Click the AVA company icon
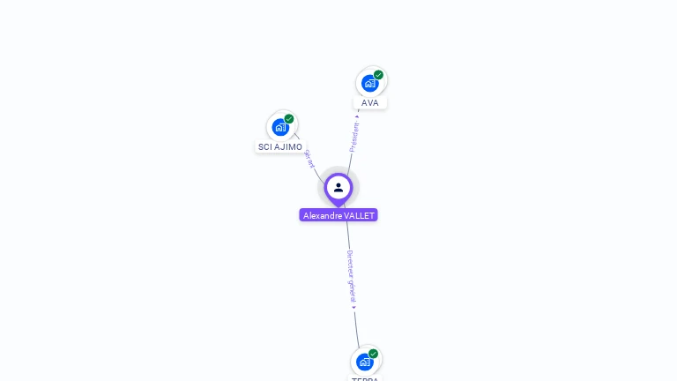pos(370,84)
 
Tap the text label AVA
pos(370,103)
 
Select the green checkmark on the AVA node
pos(379,75)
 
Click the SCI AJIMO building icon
pos(280,127)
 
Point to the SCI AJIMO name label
pos(280,147)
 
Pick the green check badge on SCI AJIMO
pos(289,119)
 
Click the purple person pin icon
pos(338,188)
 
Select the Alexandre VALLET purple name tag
pos(338,215)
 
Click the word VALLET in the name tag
pos(359,215)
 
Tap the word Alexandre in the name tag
pos(323,215)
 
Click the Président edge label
pos(354,137)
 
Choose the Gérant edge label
pos(309,159)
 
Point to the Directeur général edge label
pos(351,275)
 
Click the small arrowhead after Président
pos(357,115)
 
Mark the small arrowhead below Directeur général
pos(354,307)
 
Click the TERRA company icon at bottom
pos(365,362)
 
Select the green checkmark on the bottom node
pos(374,354)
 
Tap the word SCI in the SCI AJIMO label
pos(264,147)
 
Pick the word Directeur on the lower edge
pos(350,263)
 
